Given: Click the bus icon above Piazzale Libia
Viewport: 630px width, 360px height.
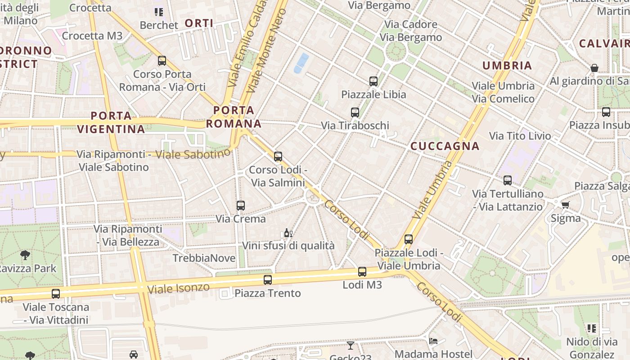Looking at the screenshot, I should pyautogui.click(x=373, y=81).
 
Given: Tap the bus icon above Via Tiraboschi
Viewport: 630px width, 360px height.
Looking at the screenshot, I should pyautogui.click(x=355, y=112).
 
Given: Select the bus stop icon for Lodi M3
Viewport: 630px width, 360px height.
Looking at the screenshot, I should pyautogui.click(x=362, y=272).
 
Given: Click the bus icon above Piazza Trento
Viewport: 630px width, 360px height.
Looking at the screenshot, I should pyautogui.click(x=268, y=280).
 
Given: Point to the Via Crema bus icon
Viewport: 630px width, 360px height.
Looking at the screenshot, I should pyautogui.click(x=241, y=206).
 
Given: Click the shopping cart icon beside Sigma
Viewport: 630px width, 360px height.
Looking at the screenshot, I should pyautogui.click(x=565, y=205).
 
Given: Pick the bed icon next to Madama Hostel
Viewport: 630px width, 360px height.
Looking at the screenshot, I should pyautogui.click(x=433, y=341).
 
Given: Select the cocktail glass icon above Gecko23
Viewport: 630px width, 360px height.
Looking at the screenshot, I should pyautogui.click(x=351, y=346).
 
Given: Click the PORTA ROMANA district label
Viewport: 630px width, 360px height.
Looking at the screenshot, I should pyautogui.click(x=234, y=117).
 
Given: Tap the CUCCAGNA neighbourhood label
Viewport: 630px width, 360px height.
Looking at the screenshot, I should pyautogui.click(x=445, y=146).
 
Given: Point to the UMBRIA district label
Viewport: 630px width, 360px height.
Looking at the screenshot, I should pyautogui.click(x=507, y=66).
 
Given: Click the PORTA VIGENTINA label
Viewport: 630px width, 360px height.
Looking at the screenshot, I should pyautogui.click(x=111, y=122).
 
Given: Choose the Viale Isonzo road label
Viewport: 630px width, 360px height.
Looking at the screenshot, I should pyautogui.click(x=179, y=288).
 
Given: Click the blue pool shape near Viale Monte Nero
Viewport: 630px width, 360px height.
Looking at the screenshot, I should pyautogui.click(x=301, y=63).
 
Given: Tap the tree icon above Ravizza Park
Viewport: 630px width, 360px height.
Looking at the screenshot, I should pyautogui.click(x=25, y=255).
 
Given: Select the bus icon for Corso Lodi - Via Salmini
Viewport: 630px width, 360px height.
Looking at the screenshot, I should pyautogui.click(x=278, y=157).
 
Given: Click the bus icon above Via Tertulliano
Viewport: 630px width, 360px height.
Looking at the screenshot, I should pyautogui.click(x=508, y=180).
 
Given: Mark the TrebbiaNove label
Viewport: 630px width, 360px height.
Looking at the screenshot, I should pyautogui.click(x=204, y=258).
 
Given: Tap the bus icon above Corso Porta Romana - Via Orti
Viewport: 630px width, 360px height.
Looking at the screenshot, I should pyautogui.click(x=162, y=61).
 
